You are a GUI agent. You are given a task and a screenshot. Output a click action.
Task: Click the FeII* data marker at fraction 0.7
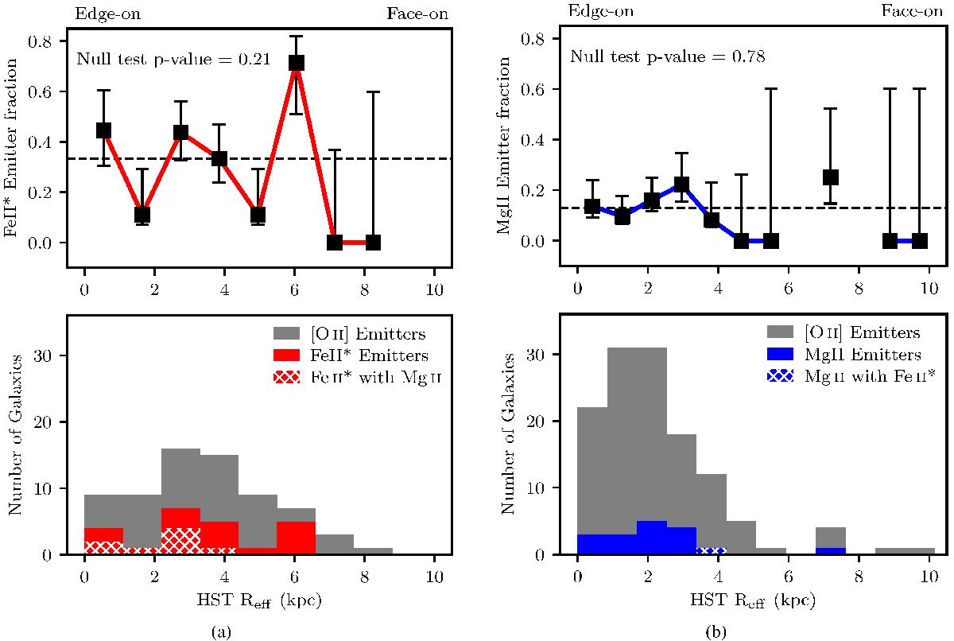click(296, 63)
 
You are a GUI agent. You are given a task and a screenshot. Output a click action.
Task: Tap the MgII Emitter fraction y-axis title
click(504, 147)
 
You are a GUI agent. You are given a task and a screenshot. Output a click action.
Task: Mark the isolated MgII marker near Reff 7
click(832, 177)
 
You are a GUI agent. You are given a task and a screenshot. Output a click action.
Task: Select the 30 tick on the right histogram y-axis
click(556, 354)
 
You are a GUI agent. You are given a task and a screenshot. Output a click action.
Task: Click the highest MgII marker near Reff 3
click(681, 185)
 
